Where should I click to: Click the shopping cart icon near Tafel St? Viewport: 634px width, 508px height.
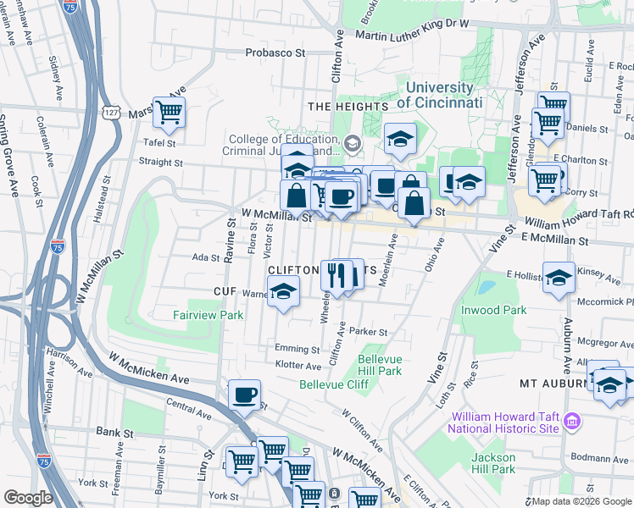pyautogui.click(x=170, y=111)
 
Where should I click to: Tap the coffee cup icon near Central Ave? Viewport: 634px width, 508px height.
pyautogui.click(x=245, y=395)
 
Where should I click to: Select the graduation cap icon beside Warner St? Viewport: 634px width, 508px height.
pyautogui.click(x=283, y=292)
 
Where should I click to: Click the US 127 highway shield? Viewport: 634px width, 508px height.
pyautogui.click(x=110, y=112)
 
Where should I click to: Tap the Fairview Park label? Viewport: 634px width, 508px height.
pyautogui.click(x=208, y=315)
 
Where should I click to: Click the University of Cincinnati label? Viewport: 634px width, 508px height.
pyautogui.click(x=439, y=95)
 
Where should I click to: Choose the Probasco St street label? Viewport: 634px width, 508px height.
pyautogui.click(x=275, y=52)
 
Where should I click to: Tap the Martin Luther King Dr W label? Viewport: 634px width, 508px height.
pyautogui.click(x=412, y=36)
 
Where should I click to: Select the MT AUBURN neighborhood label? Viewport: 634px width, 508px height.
pyautogui.click(x=553, y=383)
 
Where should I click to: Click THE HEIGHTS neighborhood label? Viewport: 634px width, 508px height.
pyautogui.click(x=348, y=107)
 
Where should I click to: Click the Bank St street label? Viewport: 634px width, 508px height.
pyautogui.click(x=110, y=432)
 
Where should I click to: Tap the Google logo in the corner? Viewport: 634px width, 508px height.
pyautogui.click(x=28, y=498)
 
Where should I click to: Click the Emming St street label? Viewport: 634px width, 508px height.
pyautogui.click(x=297, y=349)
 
